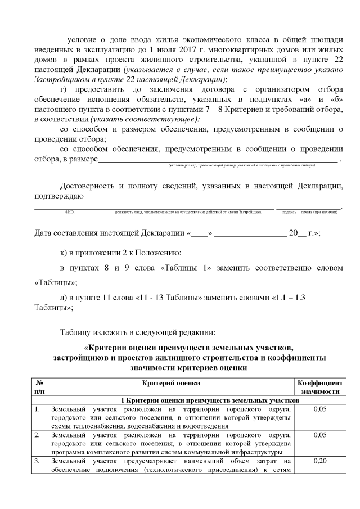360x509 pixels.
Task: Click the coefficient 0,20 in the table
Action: click(319, 462)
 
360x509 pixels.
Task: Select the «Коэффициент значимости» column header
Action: click(319, 387)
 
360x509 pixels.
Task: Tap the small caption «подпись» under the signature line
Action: click(290, 213)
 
